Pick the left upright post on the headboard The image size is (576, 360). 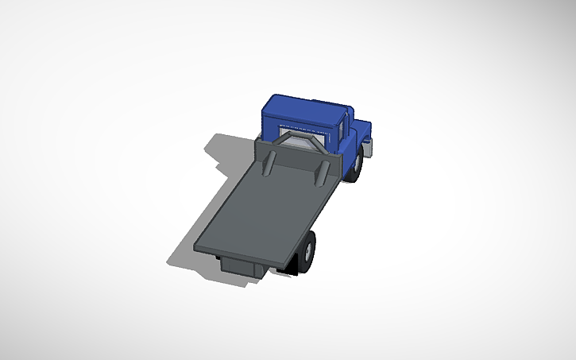(268, 162)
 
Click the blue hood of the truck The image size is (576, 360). (361, 127)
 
